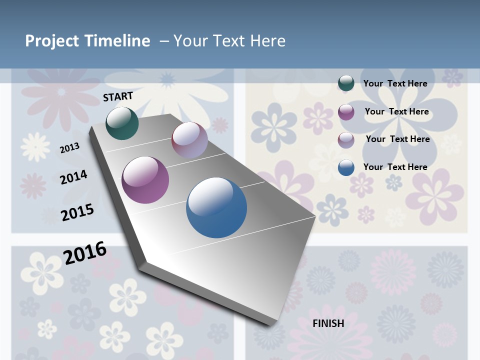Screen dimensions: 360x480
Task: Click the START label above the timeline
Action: (x=118, y=96)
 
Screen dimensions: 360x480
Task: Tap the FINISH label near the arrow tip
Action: (x=328, y=323)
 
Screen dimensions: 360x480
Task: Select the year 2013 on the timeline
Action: (x=70, y=148)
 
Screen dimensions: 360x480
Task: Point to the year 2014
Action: (x=73, y=177)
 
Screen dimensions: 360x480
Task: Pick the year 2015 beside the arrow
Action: (x=77, y=212)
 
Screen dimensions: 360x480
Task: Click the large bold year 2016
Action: (x=85, y=252)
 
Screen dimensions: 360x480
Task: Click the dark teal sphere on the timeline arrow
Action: (x=122, y=123)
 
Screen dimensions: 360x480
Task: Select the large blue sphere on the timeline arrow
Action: (x=216, y=207)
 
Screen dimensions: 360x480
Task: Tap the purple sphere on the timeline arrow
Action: (x=145, y=180)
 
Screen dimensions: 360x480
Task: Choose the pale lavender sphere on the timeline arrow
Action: (x=189, y=140)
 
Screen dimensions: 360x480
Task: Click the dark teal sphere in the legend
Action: (x=346, y=83)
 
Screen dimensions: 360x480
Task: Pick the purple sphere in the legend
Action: (x=346, y=112)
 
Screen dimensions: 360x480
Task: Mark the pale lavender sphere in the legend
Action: (x=346, y=139)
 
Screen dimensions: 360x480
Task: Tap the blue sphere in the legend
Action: (x=346, y=167)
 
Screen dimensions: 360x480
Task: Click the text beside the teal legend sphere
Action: (x=395, y=83)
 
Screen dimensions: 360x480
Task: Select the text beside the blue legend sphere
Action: (x=395, y=167)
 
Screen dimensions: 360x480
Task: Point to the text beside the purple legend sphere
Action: (x=396, y=111)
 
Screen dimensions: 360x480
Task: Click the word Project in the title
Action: (x=52, y=41)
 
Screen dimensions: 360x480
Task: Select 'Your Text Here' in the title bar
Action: (x=229, y=41)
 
